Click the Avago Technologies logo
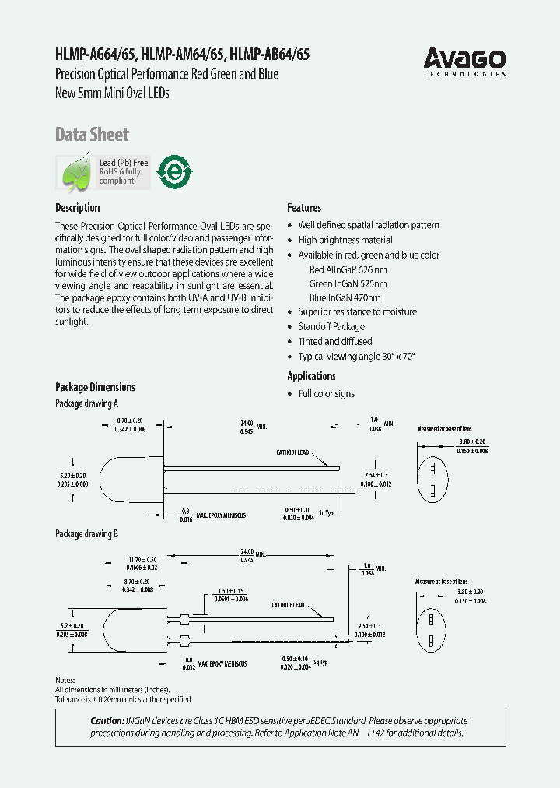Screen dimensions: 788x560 (x=464, y=61)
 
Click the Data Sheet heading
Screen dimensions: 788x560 (x=92, y=134)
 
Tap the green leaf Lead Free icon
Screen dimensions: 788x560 (x=75, y=172)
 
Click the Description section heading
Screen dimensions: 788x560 (x=77, y=208)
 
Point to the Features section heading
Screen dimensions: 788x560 (x=304, y=208)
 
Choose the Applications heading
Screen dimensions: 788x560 (x=311, y=376)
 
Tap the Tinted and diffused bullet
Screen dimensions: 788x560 (x=334, y=341)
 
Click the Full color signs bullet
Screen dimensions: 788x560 (x=326, y=394)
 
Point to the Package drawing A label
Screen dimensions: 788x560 (x=86, y=404)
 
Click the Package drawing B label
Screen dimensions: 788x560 (x=86, y=535)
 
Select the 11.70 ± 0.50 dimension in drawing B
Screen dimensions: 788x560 (x=142, y=559)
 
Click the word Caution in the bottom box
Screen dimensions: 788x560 (x=107, y=721)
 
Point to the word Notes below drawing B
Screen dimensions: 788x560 (x=65, y=681)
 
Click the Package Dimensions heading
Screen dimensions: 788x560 (x=95, y=387)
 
